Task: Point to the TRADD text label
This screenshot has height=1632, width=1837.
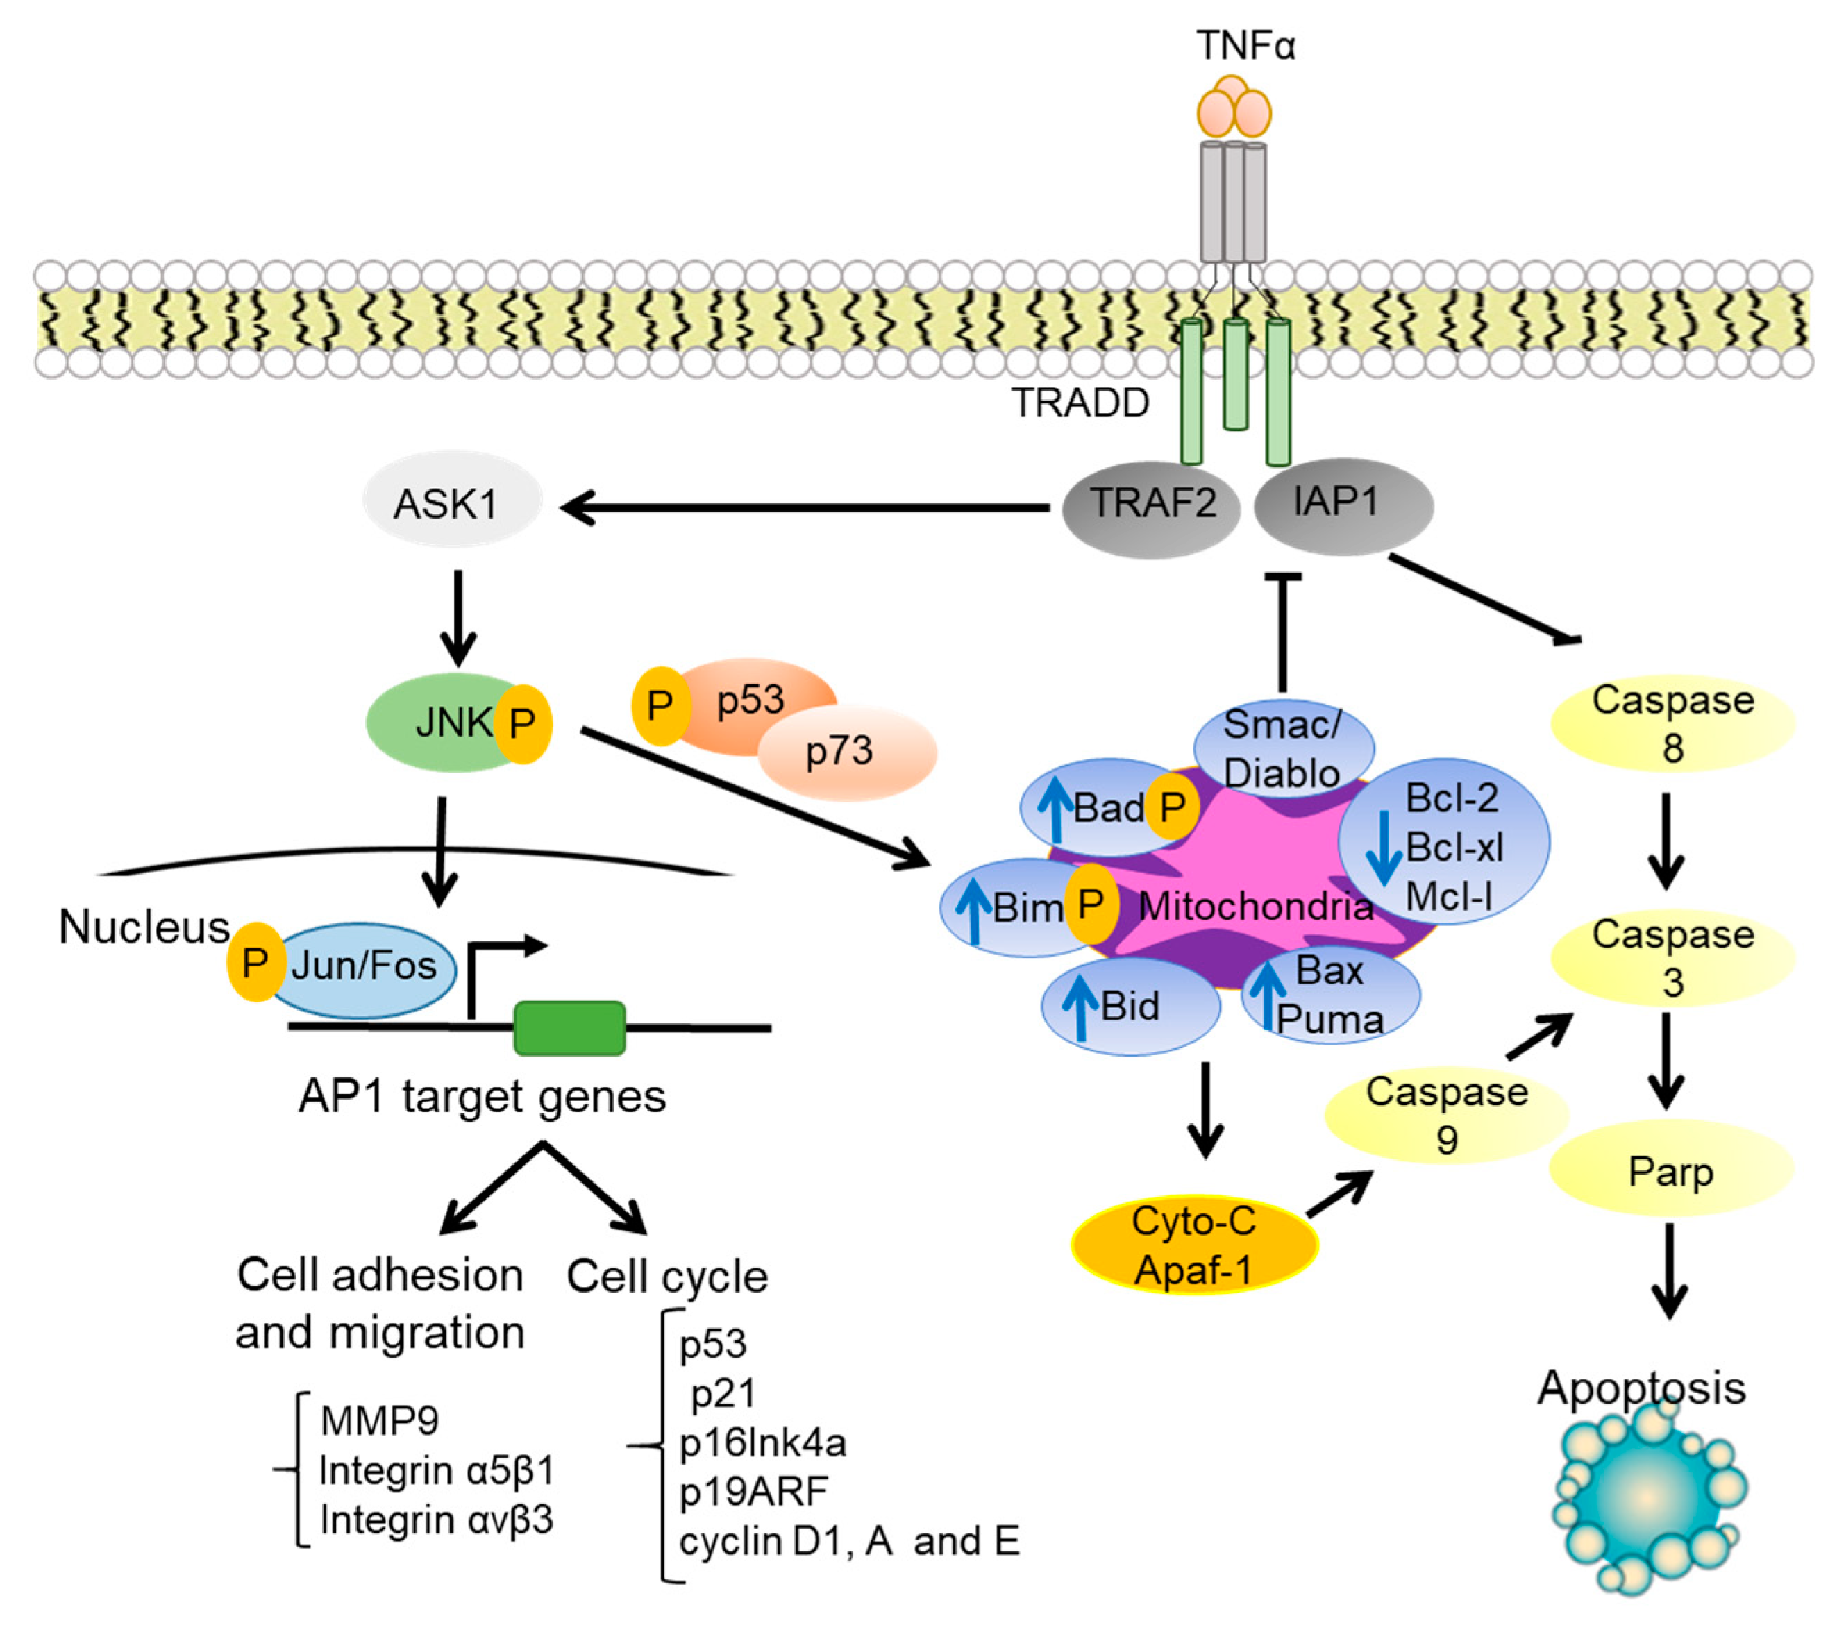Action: [1080, 403]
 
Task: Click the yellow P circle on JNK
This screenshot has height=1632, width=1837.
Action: [523, 723]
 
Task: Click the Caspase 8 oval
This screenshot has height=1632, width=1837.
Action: [1672, 724]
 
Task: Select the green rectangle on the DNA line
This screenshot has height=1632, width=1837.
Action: [569, 1028]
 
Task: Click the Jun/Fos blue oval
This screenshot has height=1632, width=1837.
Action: [362, 969]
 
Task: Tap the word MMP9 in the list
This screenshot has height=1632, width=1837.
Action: [379, 1421]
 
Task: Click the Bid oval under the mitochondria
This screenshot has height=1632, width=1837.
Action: [1130, 1007]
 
